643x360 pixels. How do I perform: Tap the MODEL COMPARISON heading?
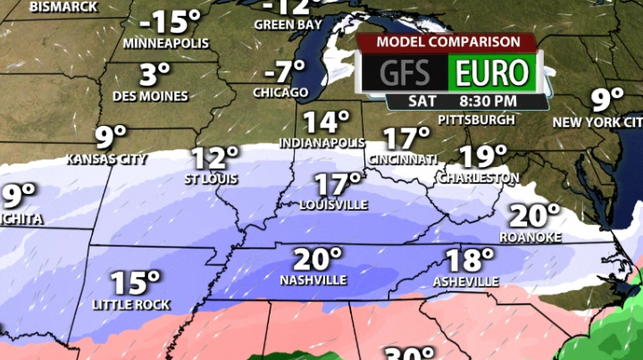pyautogui.click(x=448, y=42)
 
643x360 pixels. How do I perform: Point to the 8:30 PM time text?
pyautogui.click(x=488, y=101)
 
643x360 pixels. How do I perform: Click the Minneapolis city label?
pyautogui.click(x=165, y=43)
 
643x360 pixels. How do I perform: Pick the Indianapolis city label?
pyautogui.click(x=322, y=143)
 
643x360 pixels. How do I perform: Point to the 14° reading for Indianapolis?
pyautogui.click(x=325, y=122)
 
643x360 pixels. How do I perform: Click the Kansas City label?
pyautogui.click(x=107, y=159)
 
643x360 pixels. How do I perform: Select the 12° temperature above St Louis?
pyautogui.click(x=215, y=158)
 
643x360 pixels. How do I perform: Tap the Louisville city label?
pyautogui.click(x=333, y=205)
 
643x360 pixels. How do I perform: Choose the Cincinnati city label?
pyautogui.click(x=402, y=159)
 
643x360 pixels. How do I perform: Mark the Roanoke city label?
pyautogui.click(x=530, y=236)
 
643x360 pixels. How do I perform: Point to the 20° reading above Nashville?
pyautogui.click(x=318, y=260)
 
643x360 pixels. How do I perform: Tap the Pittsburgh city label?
pyautogui.click(x=477, y=119)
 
